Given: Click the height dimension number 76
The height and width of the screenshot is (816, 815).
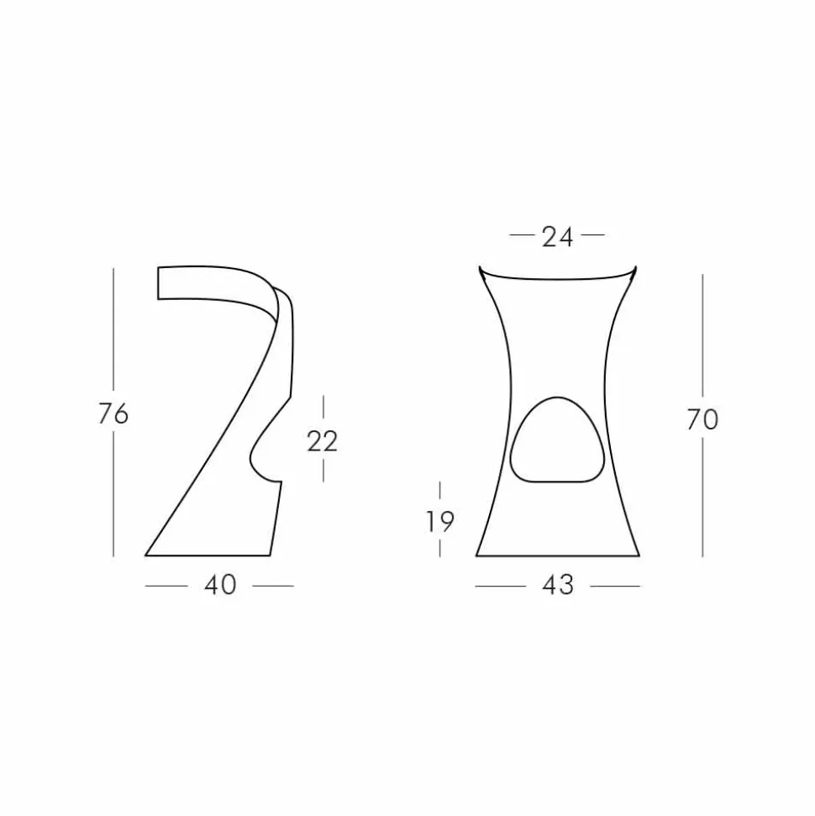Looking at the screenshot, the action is click(113, 414).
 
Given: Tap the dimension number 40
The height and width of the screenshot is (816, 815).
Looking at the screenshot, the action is click(220, 585).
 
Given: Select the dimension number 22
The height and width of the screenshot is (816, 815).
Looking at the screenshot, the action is click(322, 441).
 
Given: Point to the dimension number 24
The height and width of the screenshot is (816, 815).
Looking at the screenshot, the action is click(557, 237).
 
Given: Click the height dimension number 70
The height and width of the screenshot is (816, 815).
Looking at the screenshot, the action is click(702, 419).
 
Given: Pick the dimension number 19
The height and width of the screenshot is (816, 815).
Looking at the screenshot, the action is click(439, 521).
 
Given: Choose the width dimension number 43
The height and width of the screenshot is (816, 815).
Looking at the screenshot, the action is click(558, 585).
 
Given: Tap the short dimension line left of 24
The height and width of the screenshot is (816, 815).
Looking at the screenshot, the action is click(522, 235).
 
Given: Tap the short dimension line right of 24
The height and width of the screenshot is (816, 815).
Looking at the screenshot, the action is click(593, 235).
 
